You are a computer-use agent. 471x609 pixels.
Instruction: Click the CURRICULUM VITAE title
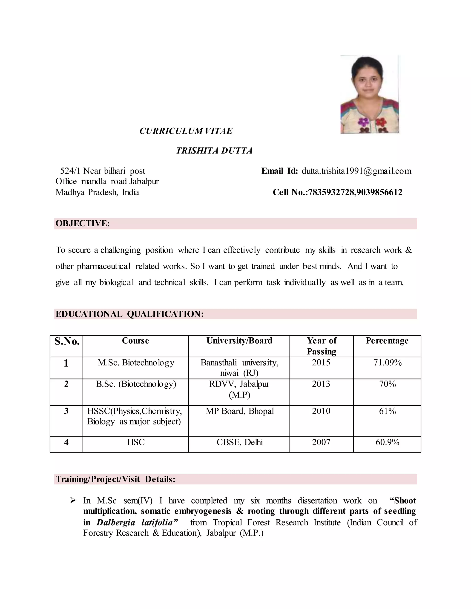186,131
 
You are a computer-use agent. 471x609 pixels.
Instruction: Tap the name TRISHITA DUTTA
214,151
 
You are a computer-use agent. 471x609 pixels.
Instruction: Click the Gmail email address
356,171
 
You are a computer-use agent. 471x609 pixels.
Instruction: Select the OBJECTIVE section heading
83,223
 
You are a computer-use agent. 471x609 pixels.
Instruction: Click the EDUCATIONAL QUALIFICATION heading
129,314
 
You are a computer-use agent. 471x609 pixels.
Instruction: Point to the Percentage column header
387,341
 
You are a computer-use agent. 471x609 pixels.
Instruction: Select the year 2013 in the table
321,384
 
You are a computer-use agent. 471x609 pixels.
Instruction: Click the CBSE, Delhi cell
239,442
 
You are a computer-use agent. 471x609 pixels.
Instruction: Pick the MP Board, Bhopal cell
239,411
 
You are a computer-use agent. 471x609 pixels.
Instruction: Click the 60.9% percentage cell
387,442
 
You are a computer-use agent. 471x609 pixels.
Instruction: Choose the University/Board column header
239,341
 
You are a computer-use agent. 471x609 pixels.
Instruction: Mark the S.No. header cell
67,341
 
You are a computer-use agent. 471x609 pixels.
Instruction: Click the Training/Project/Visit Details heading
115,479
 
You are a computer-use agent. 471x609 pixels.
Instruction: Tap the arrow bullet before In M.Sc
73,501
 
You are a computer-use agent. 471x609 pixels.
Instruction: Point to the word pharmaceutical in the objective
103,266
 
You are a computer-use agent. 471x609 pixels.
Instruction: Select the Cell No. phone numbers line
337,192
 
